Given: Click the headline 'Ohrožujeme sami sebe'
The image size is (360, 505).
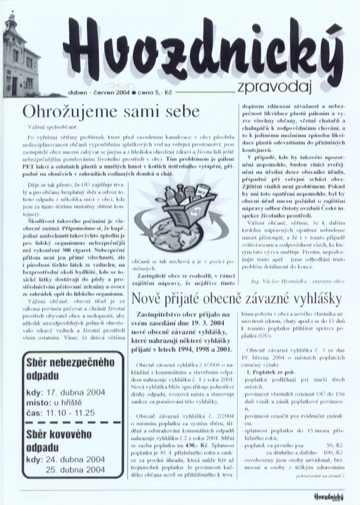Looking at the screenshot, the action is pos(111,111).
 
